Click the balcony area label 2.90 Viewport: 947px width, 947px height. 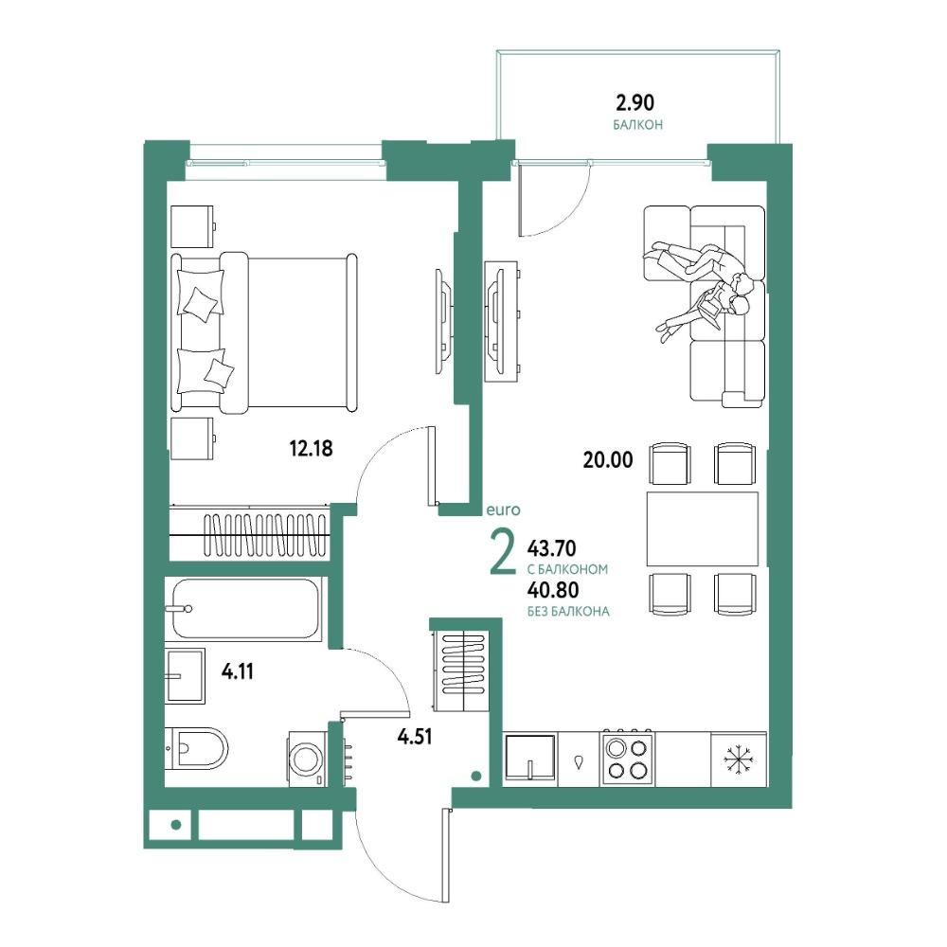point(634,102)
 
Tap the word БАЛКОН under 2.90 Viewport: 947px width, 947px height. point(637,125)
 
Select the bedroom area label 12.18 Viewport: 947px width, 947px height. point(311,449)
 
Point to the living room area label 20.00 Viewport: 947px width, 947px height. point(608,460)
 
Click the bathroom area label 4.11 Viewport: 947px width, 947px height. point(238,671)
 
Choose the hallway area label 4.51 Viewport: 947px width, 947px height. point(415,736)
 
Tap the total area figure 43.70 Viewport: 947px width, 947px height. point(551,548)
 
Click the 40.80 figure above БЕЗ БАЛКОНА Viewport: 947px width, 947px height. point(553,589)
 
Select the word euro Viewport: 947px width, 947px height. point(503,510)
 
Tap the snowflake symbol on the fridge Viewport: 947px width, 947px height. point(738,759)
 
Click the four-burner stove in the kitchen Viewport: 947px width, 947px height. point(628,759)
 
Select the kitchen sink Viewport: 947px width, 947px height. point(530,759)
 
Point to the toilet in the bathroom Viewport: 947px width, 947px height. point(196,748)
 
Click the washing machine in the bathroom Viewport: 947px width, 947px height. point(308,759)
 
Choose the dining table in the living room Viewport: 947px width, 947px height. point(702,529)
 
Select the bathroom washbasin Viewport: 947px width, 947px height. point(185,676)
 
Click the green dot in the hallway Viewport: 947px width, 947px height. point(476,777)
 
